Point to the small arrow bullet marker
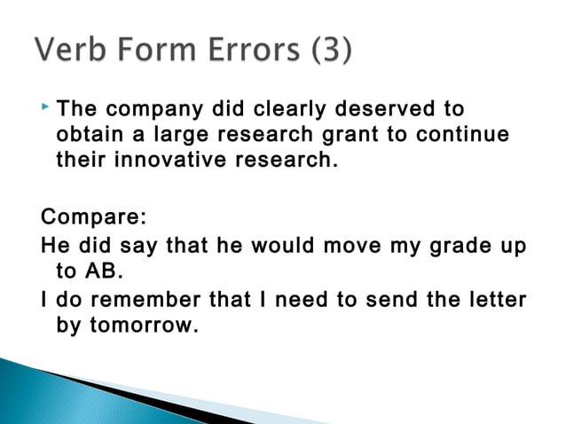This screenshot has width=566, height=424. pos(46,108)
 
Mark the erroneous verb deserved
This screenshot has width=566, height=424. pos(382,110)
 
